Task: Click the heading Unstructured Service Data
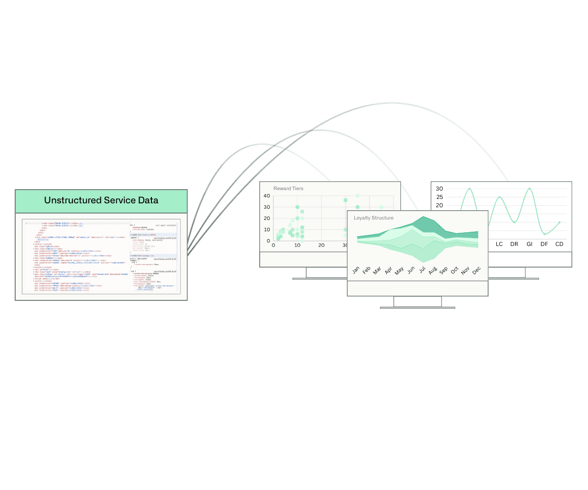pyautogui.click(x=101, y=200)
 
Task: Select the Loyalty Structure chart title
pyautogui.click(x=373, y=218)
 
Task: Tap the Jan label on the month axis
pyautogui.click(x=356, y=270)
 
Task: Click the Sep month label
pyautogui.click(x=443, y=270)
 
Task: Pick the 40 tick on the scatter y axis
pyautogui.click(x=267, y=196)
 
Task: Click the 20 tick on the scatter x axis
pyautogui.click(x=321, y=245)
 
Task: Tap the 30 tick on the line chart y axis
pyautogui.click(x=440, y=189)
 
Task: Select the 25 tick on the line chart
pyautogui.click(x=440, y=197)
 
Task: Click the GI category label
pyautogui.click(x=529, y=244)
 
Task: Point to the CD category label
pyautogui.click(x=559, y=244)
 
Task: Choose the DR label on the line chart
pyautogui.click(x=514, y=244)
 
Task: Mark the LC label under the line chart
pyautogui.click(x=499, y=244)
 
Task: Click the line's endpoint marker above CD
pyautogui.click(x=560, y=222)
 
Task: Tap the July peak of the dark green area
pyautogui.click(x=422, y=217)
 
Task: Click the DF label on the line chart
pyautogui.click(x=544, y=244)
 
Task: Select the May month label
pyautogui.click(x=399, y=270)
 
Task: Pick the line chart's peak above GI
pyautogui.click(x=529, y=189)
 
